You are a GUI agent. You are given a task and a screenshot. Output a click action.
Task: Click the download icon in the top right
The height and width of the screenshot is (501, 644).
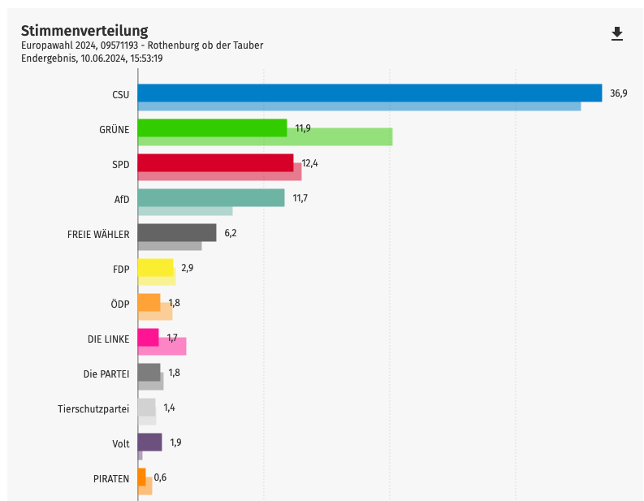(617, 33)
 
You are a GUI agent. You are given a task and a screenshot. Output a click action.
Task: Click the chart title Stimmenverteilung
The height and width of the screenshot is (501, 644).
(84, 30)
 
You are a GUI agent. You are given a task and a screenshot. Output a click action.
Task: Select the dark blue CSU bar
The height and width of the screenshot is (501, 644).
(370, 93)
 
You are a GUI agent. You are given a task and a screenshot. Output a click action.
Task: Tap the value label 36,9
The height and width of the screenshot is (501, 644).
(619, 93)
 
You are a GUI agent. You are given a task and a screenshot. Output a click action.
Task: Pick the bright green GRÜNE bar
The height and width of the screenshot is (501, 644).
(212, 127)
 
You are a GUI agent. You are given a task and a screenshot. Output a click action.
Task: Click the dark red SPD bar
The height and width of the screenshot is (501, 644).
(215, 162)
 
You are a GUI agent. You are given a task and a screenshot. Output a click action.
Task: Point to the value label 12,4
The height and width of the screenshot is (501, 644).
(309, 163)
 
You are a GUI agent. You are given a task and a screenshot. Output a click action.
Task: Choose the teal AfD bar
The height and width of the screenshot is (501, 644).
(211, 197)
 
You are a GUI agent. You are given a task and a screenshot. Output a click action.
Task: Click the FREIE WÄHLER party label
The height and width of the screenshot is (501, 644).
(98, 234)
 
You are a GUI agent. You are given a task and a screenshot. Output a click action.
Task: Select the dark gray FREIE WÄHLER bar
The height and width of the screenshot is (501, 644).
(177, 232)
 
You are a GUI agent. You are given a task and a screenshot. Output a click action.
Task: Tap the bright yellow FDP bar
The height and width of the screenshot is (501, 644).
(155, 267)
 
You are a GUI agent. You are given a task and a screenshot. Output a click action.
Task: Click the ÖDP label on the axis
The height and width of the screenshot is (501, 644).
(120, 304)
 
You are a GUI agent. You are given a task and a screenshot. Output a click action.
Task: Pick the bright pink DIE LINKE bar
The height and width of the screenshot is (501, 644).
(148, 337)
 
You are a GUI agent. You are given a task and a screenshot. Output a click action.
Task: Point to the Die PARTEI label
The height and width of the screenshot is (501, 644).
(106, 374)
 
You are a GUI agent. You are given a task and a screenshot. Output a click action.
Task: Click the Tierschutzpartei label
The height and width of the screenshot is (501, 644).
(93, 408)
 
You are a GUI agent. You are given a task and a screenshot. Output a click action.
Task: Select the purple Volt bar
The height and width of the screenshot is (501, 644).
(149, 442)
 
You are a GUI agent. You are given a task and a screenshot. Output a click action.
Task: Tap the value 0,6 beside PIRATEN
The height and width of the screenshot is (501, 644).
(160, 477)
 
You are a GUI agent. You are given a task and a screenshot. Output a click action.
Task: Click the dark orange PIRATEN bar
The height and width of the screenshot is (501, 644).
(141, 477)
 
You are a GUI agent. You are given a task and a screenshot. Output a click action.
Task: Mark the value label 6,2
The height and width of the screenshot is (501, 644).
(230, 233)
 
